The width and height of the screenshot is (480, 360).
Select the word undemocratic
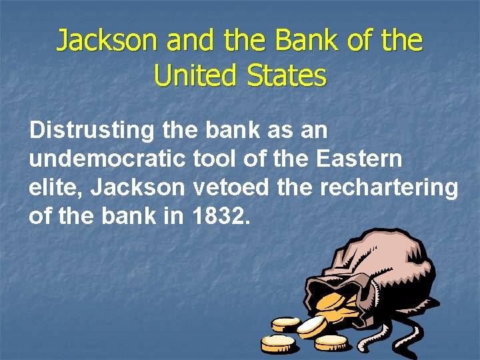point(107,159)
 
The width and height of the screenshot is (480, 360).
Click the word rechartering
point(389,187)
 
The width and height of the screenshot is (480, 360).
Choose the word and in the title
point(190,41)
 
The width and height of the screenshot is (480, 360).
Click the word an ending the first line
point(313,130)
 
